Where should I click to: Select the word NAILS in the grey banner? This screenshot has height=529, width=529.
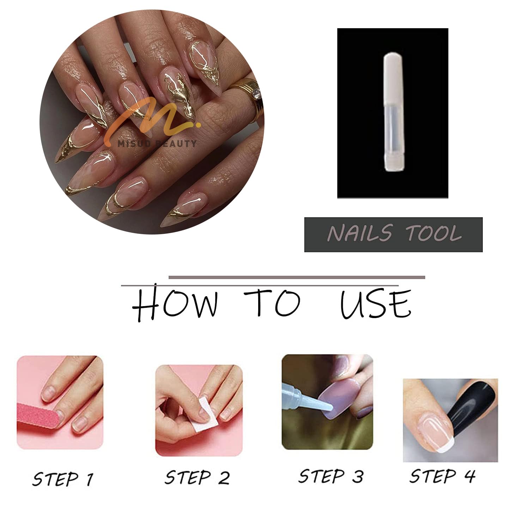pyautogui.click(x=359, y=233)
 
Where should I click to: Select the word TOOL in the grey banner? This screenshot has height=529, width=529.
pyautogui.click(x=433, y=233)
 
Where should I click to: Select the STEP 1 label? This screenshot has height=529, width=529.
pyautogui.click(x=63, y=479)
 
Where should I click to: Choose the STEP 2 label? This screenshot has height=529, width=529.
pyautogui.click(x=197, y=478)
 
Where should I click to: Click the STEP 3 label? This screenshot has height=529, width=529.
pyautogui.click(x=330, y=476)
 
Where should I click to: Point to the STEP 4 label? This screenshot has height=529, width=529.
pyautogui.click(x=442, y=476)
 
